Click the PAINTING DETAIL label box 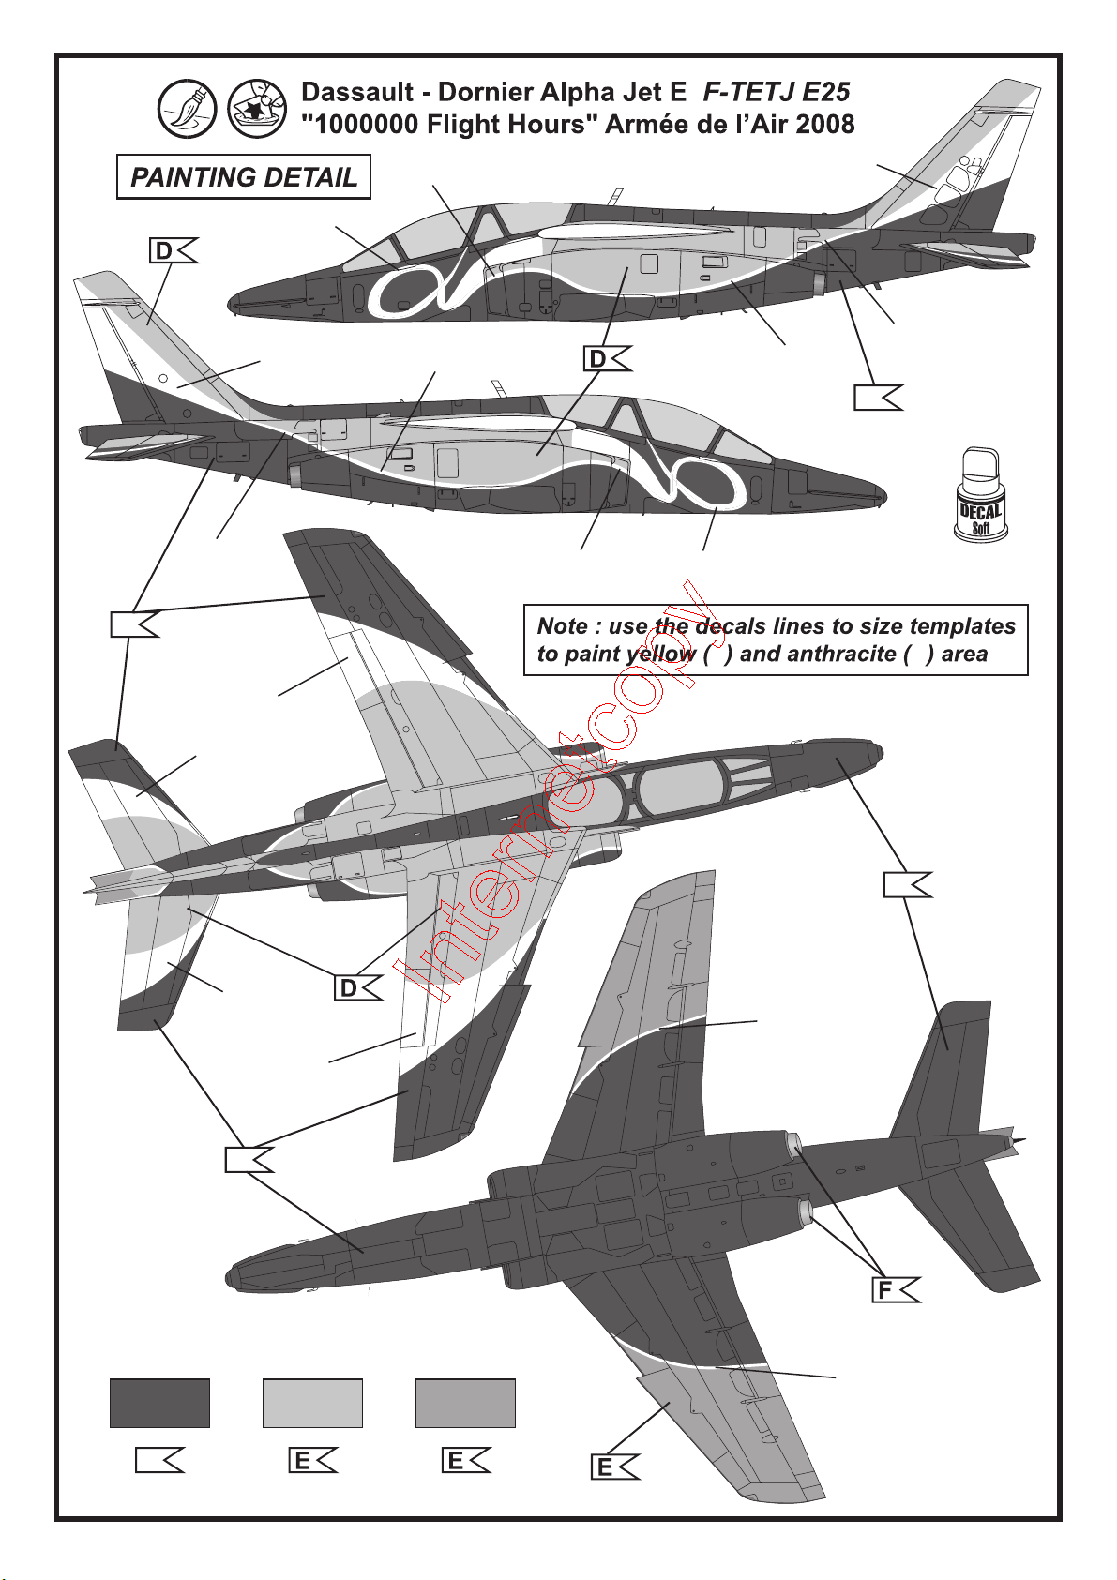[x=244, y=177]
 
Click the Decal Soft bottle [x=980, y=496]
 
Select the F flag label [x=896, y=1290]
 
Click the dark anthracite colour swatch [x=159, y=1403]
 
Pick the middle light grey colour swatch [x=312, y=1403]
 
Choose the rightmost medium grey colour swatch [x=465, y=1403]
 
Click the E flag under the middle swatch [x=312, y=1461]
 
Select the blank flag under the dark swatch [x=159, y=1461]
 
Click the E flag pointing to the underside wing [x=614, y=1467]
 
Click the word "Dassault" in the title [x=357, y=92]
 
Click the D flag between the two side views [x=607, y=359]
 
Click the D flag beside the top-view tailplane [x=358, y=988]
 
